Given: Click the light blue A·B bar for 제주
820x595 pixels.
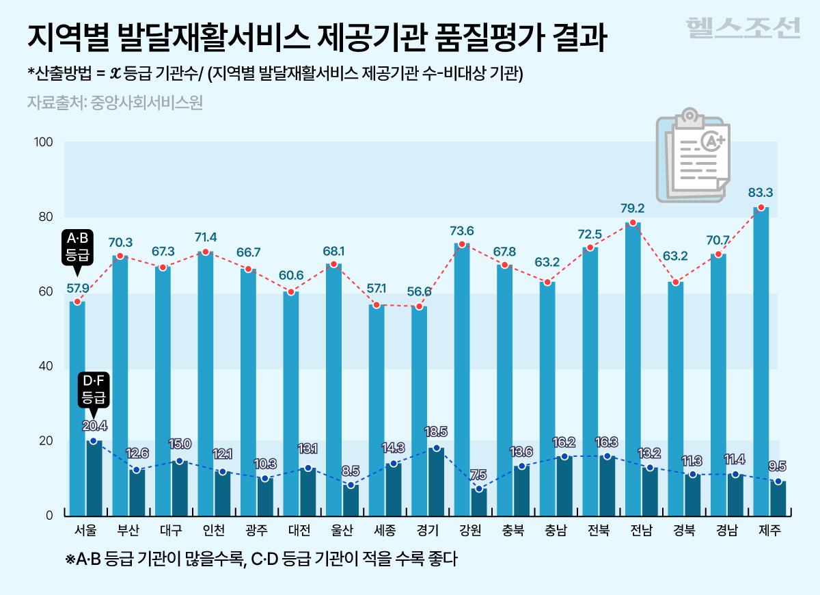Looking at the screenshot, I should coord(761,362).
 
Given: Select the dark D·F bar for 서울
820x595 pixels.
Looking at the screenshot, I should coord(94,479).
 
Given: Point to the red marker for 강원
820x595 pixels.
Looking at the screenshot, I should coord(462,245).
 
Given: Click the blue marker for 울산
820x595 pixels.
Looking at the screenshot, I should coord(351,485).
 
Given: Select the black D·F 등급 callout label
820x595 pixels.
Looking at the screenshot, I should coord(94,387).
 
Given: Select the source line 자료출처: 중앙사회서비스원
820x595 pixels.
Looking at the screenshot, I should coord(115,103).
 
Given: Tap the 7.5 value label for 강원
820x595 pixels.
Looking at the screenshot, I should coord(478,475).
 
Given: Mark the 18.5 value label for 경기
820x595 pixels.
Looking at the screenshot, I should coord(435,432).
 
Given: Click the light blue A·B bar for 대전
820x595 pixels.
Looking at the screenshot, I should coord(291,404).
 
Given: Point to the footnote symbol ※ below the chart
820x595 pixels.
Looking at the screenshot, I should coord(70,559).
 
